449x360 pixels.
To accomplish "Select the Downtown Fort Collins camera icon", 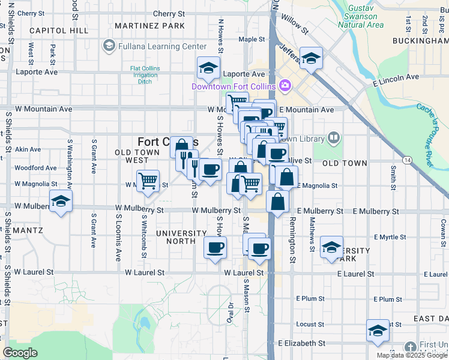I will click(285, 86).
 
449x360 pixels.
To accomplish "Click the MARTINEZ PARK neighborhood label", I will click(149, 26).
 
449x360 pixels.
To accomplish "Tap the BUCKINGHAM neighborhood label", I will click(418, 41).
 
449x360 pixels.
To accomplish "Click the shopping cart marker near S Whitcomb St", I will click(148, 181).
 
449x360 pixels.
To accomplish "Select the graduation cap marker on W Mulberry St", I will click(61, 202).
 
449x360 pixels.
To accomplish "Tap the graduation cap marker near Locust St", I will click(378, 331).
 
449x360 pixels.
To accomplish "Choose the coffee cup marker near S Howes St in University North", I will click(215, 247).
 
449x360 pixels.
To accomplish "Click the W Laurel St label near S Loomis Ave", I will click(145, 272).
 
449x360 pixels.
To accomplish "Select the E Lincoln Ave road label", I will click(396, 77).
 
